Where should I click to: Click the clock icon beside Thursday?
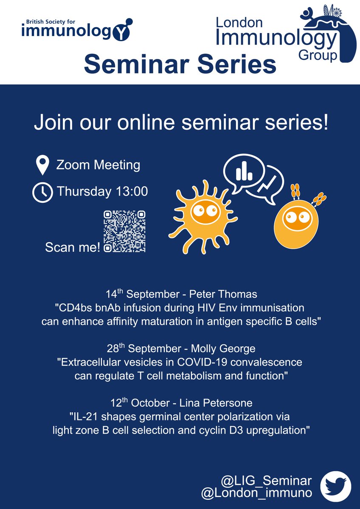[42, 192]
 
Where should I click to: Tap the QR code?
[125, 231]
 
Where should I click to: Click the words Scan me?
[73, 247]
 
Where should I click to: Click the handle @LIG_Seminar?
[267, 481]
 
